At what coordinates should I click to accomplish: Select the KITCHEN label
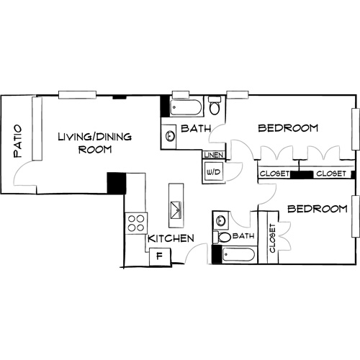[170, 238]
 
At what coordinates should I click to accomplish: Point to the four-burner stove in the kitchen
[135, 224]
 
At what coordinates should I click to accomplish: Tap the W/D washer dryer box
[214, 172]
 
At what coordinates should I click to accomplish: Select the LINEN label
[214, 156]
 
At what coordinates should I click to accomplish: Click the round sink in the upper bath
[169, 135]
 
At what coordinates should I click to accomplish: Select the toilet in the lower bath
[222, 237]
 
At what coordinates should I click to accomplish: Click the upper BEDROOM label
[288, 128]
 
